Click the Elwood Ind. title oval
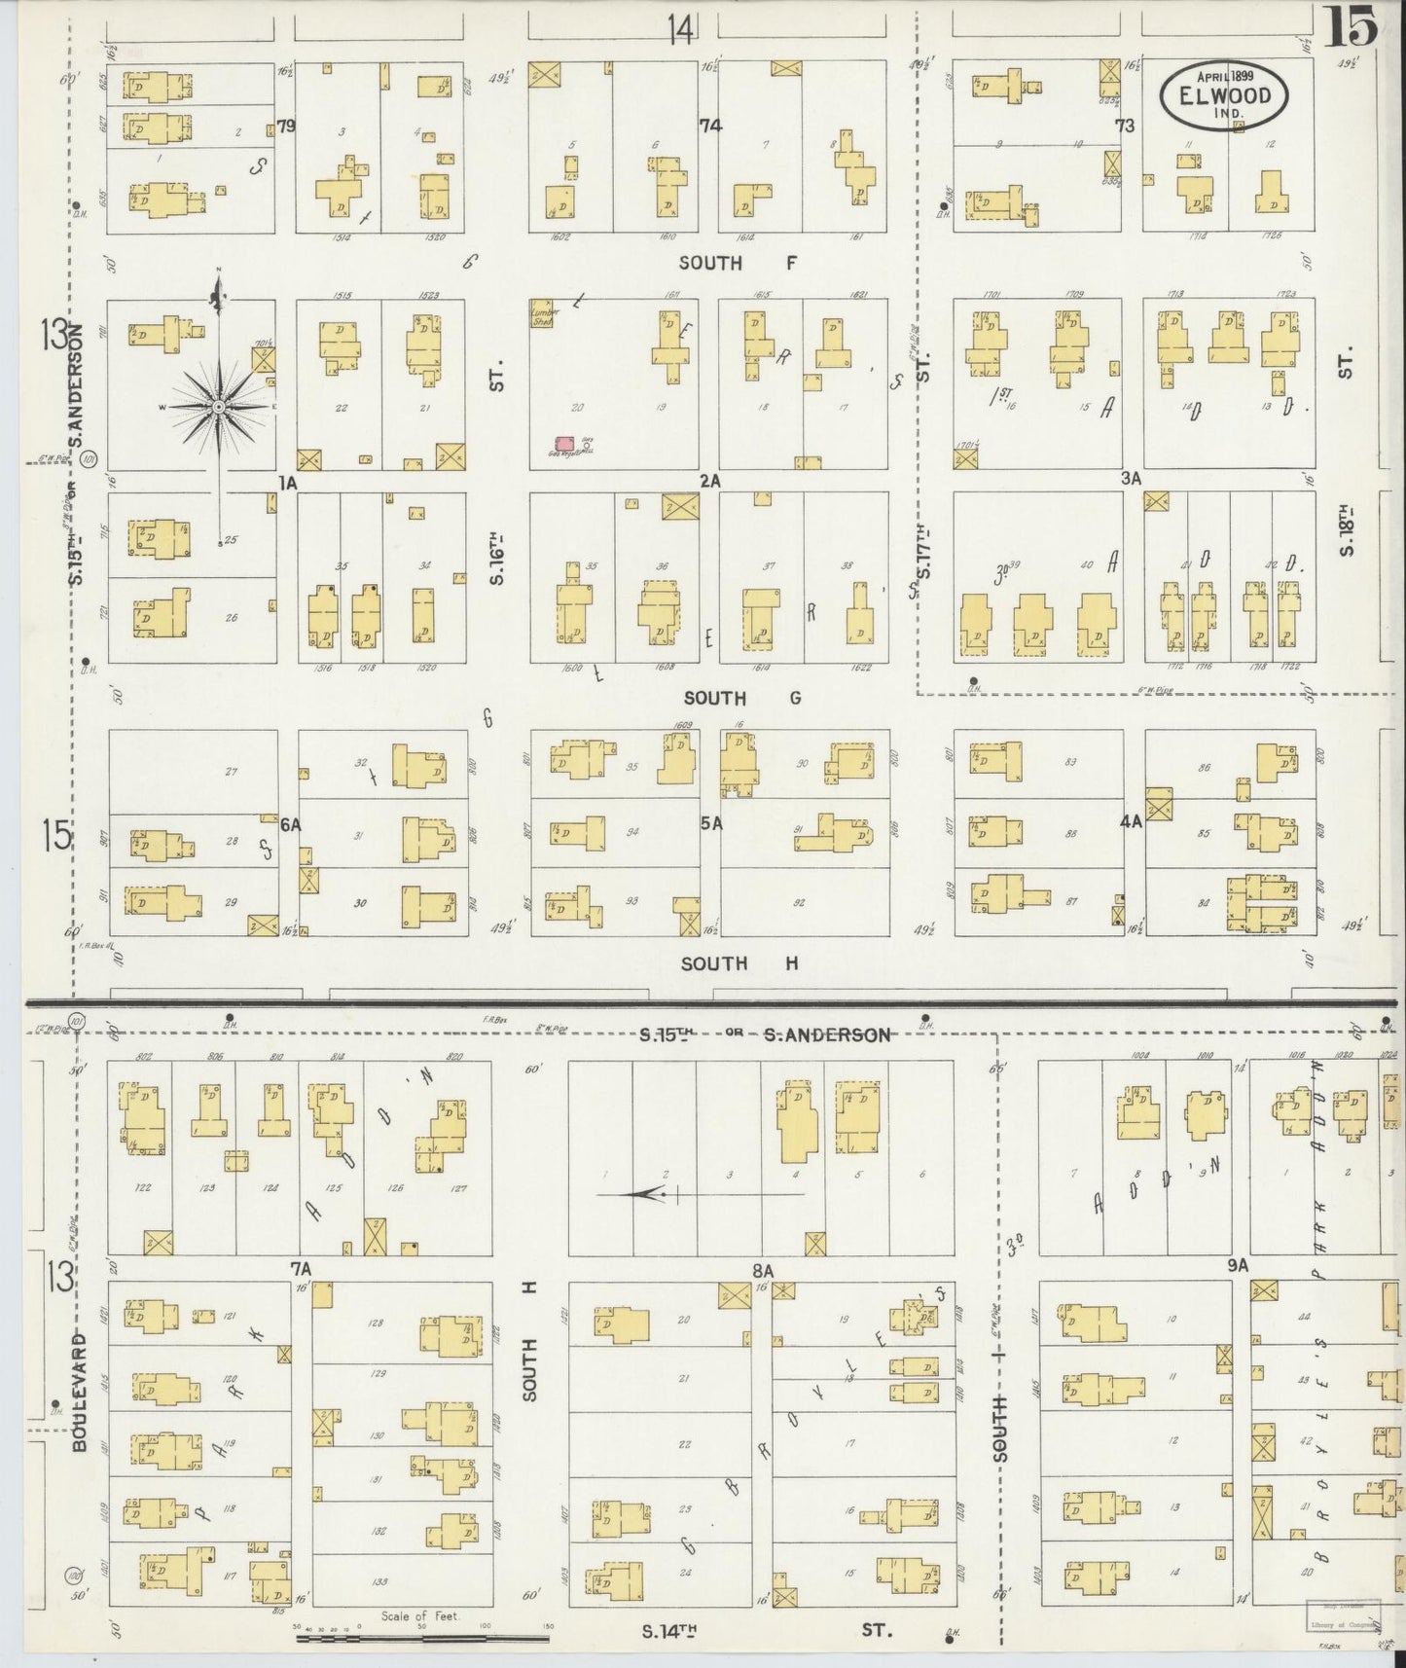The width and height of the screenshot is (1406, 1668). point(1224,95)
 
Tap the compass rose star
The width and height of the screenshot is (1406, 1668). point(221,406)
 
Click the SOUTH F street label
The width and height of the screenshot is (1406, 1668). point(737,263)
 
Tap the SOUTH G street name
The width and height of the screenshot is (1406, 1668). point(741,698)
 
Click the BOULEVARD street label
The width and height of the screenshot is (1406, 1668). point(80,1392)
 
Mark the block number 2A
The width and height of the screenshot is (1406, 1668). point(709,481)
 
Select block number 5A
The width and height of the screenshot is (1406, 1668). point(711,823)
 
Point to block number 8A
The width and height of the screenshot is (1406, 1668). point(762,1270)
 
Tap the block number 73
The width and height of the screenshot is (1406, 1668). point(1126,126)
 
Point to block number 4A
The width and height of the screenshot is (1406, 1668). point(1130,821)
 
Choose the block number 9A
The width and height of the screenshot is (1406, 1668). point(1237,1266)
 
